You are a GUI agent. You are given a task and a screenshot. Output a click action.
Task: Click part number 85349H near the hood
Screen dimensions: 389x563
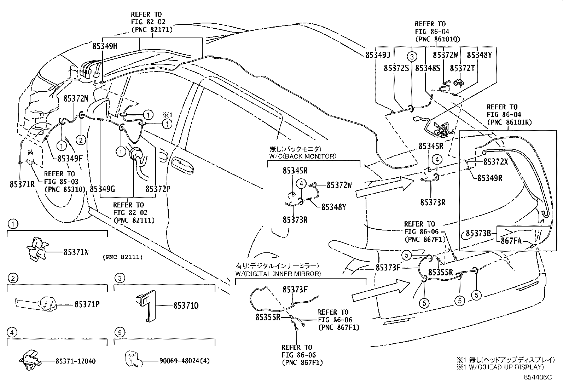(x=105, y=46)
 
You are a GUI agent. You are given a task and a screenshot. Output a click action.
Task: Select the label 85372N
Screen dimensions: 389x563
(x=76, y=99)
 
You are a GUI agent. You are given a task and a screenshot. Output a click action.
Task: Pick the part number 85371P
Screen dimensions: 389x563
(x=87, y=304)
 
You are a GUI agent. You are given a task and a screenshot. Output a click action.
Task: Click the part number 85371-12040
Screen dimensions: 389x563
(x=75, y=361)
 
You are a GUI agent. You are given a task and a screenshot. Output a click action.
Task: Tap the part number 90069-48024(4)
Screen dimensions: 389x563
(x=184, y=361)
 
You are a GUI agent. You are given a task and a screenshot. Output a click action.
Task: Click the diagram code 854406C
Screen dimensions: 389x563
(x=538, y=377)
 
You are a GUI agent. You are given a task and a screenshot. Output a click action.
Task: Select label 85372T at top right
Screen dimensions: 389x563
(x=462, y=68)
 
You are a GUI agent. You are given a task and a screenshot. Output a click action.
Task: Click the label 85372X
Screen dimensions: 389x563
(x=495, y=161)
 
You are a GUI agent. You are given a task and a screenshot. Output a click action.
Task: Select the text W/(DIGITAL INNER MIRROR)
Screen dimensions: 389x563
(x=278, y=273)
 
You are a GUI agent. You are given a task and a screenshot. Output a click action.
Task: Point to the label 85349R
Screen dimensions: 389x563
(x=490, y=178)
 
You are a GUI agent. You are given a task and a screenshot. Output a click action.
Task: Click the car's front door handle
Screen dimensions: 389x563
(x=182, y=165)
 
